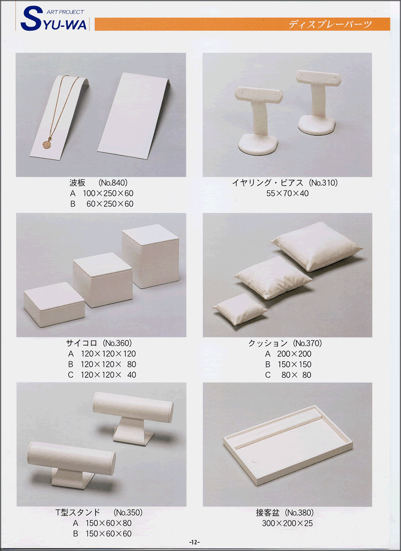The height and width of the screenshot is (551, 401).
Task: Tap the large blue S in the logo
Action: tap(31, 20)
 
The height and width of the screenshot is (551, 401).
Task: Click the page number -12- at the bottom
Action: tap(194, 542)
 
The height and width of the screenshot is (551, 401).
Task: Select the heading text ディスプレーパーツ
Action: tap(330, 24)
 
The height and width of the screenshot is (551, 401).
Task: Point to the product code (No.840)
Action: tap(113, 183)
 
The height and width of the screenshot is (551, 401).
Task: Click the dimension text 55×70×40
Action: tap(287, 193)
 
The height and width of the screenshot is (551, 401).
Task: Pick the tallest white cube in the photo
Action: tap(150, 255)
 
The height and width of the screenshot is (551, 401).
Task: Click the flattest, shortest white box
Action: tap(54, 304)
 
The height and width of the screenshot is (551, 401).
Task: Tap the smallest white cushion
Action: tap(240, 309)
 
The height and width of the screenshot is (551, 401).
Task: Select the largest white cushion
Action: tap(316, 246)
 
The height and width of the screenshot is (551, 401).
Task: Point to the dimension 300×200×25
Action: tap(287, 523)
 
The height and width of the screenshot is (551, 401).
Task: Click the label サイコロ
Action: tap(81, 343)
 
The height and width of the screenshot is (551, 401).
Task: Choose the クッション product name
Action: tap(268, 343)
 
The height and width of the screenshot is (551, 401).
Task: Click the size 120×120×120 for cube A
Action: tap(108, 354)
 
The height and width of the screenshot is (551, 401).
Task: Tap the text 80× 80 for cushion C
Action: tap(296, 375)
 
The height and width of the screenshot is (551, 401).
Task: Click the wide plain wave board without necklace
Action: tap(134, 116)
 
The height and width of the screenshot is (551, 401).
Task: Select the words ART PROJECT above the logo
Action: tap(66, 12)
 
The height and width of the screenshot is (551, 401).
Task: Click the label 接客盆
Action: tap(268, 512)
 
